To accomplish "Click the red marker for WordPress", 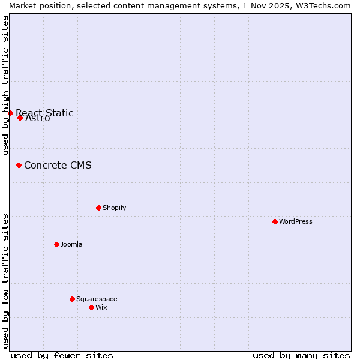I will (275, 221).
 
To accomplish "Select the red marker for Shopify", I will (98, 208).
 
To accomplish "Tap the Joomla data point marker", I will (56, 244).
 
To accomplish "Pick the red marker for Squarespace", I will (72, 299).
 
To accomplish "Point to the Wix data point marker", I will (91, 307).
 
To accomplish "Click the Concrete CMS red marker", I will (19, 165).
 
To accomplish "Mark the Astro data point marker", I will (20, 118).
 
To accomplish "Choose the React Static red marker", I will (10, 113).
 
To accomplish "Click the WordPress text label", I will (296, 221).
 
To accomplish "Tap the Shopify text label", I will (115, 208).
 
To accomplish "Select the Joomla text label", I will (71, 244).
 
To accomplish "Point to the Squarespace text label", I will (97, 299).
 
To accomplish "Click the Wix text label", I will (101, 307).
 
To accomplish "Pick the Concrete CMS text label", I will (58, 165).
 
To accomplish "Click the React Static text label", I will (44, 113).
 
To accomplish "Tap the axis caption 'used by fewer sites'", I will (62, 355).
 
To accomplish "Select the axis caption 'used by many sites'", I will (301, 355).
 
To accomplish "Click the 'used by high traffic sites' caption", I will (5, 85).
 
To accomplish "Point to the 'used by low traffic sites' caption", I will (5, 280).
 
